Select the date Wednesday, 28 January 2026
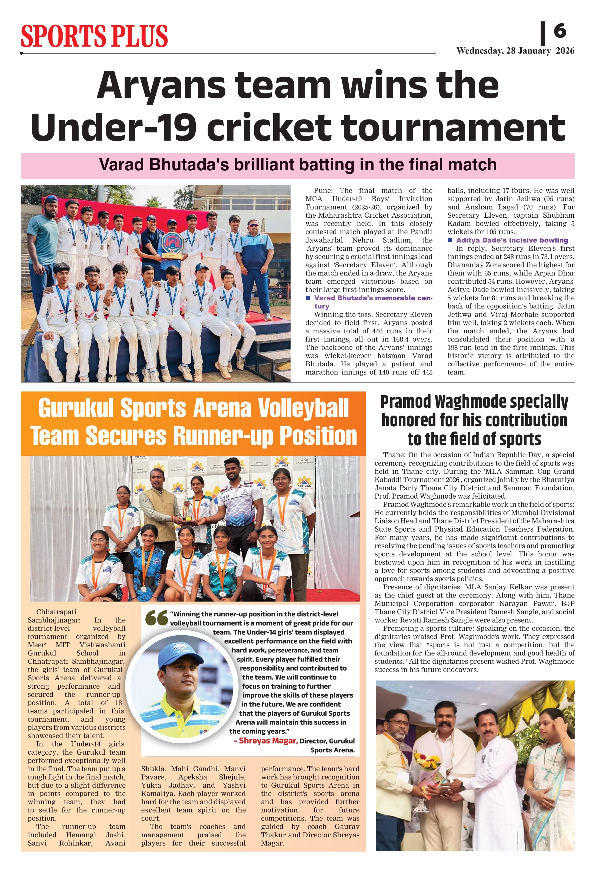pos(515,51)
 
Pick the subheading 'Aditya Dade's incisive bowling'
pos(511,240)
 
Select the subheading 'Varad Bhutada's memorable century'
pos(373,298)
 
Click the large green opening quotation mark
pos(156,618)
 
